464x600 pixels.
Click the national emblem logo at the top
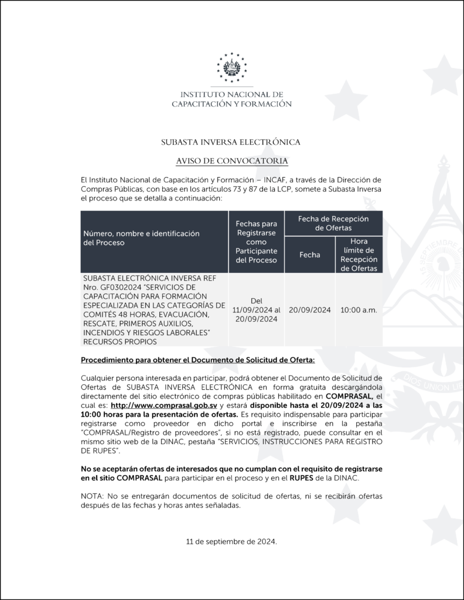[231, 68]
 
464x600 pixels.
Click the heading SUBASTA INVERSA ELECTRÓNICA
[231, 142]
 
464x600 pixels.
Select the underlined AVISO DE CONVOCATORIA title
[231, 161]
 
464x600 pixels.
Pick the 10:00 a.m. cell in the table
[359, 310]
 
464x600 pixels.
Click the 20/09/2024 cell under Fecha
[310, 310]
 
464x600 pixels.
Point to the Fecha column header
[310, 255]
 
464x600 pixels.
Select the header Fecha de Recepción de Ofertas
[333, 223]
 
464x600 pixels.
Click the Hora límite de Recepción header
[359, 255]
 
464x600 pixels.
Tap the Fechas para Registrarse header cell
[256, 241]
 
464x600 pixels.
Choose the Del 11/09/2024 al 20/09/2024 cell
[256, 310]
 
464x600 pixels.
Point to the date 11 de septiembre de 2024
[231, 542]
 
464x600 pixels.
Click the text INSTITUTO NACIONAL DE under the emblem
[231, 94]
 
